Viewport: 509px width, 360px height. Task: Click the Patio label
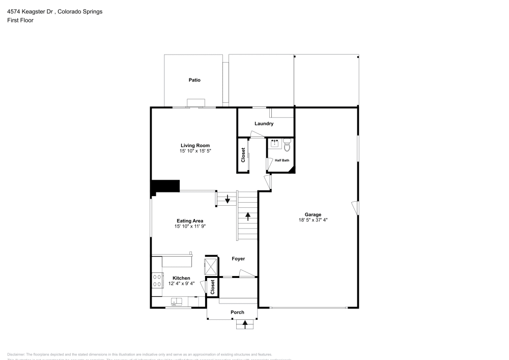(x=194, y=80)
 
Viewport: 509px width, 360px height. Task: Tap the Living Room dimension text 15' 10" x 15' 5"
(x=195, y=151)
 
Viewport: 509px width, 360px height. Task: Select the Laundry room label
(x=264, y=124)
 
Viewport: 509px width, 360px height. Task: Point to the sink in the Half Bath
(x=275, y=143)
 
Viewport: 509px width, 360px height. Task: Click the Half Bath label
(x=282, y=160)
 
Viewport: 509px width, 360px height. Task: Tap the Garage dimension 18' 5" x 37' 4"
(x=313, y=220)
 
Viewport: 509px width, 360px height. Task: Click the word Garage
(x=313, y=214)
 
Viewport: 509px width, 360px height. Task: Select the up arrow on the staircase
(x=248, y=216)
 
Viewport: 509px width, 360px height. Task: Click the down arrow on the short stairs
(x=227, y=199)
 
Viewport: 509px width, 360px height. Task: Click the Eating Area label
(x=190, y=220)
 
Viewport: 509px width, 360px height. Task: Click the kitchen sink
(x=177, y=302)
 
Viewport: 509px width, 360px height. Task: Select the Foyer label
(x=238, y=259)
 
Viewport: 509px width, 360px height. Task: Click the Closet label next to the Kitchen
(x=212, y=287)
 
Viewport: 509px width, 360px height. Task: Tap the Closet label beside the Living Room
(x=243, y=155)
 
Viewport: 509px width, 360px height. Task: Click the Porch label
(x=237, y=312)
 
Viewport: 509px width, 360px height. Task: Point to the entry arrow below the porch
(x=245, y=323)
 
